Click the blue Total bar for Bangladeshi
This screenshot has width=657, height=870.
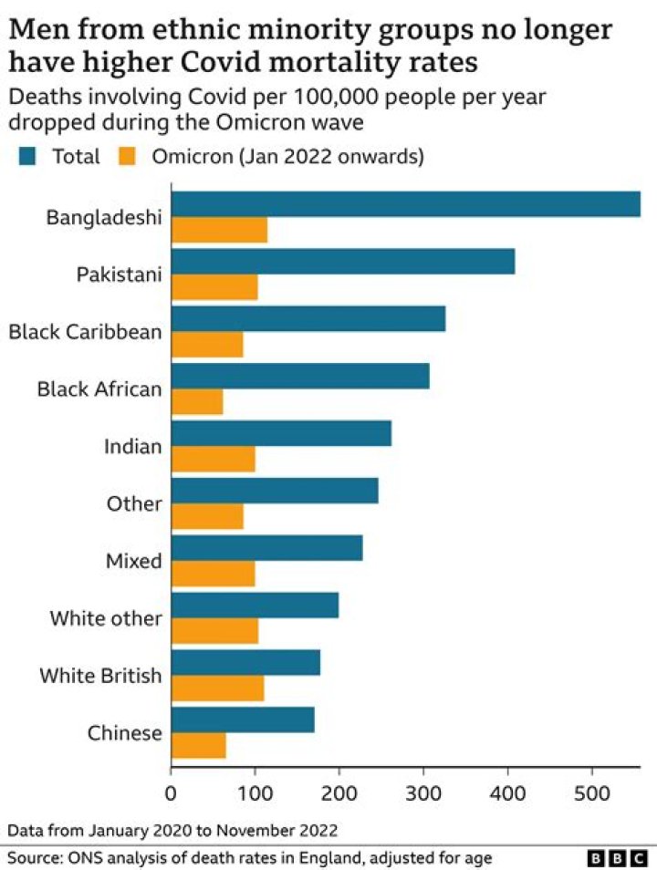pos(405,204)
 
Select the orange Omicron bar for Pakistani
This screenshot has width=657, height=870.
pos(214,287)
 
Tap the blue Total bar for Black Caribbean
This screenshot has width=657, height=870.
pos(308,318)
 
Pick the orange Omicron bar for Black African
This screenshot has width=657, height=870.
pos(197,401)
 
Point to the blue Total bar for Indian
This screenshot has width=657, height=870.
pos(281,433)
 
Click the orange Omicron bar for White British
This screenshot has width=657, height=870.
pos(217,689)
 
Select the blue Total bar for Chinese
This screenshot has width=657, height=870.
pos(243,720)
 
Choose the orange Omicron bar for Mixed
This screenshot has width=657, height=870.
pos(213,574)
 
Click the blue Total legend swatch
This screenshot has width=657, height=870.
pos(28,157)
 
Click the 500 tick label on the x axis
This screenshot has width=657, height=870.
pos(592,794)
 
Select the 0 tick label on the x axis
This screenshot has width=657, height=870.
pos(172,794)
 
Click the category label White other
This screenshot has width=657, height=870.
pos(106,619)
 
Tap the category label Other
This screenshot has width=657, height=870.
pos(134,503)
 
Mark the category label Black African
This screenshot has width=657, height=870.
pos(99,389)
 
